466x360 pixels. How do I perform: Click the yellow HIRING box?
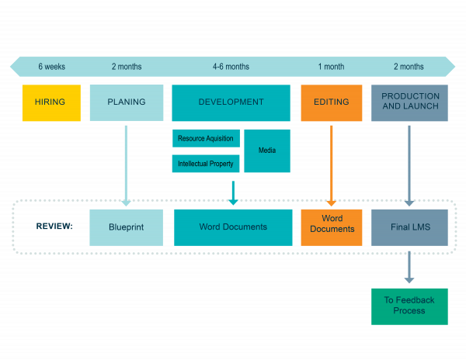point(50,102)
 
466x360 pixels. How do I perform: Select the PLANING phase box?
point(127,102)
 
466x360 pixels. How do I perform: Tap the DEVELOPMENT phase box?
point(231,102)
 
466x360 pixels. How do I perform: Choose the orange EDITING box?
point(332,102)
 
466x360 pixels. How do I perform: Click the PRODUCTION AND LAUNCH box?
point(410,102)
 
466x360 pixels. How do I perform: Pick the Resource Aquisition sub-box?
point(206,138)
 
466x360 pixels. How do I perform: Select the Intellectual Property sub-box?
point(206,164)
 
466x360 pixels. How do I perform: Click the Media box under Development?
point(267,151)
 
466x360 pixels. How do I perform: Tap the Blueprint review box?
point(127,227)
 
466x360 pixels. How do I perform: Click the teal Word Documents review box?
point(233,227)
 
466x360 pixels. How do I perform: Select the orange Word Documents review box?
point(332,227)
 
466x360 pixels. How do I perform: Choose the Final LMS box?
point(410,227)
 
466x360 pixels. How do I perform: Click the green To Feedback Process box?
point(409,306)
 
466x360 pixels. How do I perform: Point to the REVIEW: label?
point(54,227)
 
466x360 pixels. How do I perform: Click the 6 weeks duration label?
point(52,67)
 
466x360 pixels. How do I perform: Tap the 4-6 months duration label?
point(231,67)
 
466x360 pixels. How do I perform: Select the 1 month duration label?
point(331,67)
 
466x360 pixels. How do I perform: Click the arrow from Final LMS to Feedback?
point(409,266)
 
